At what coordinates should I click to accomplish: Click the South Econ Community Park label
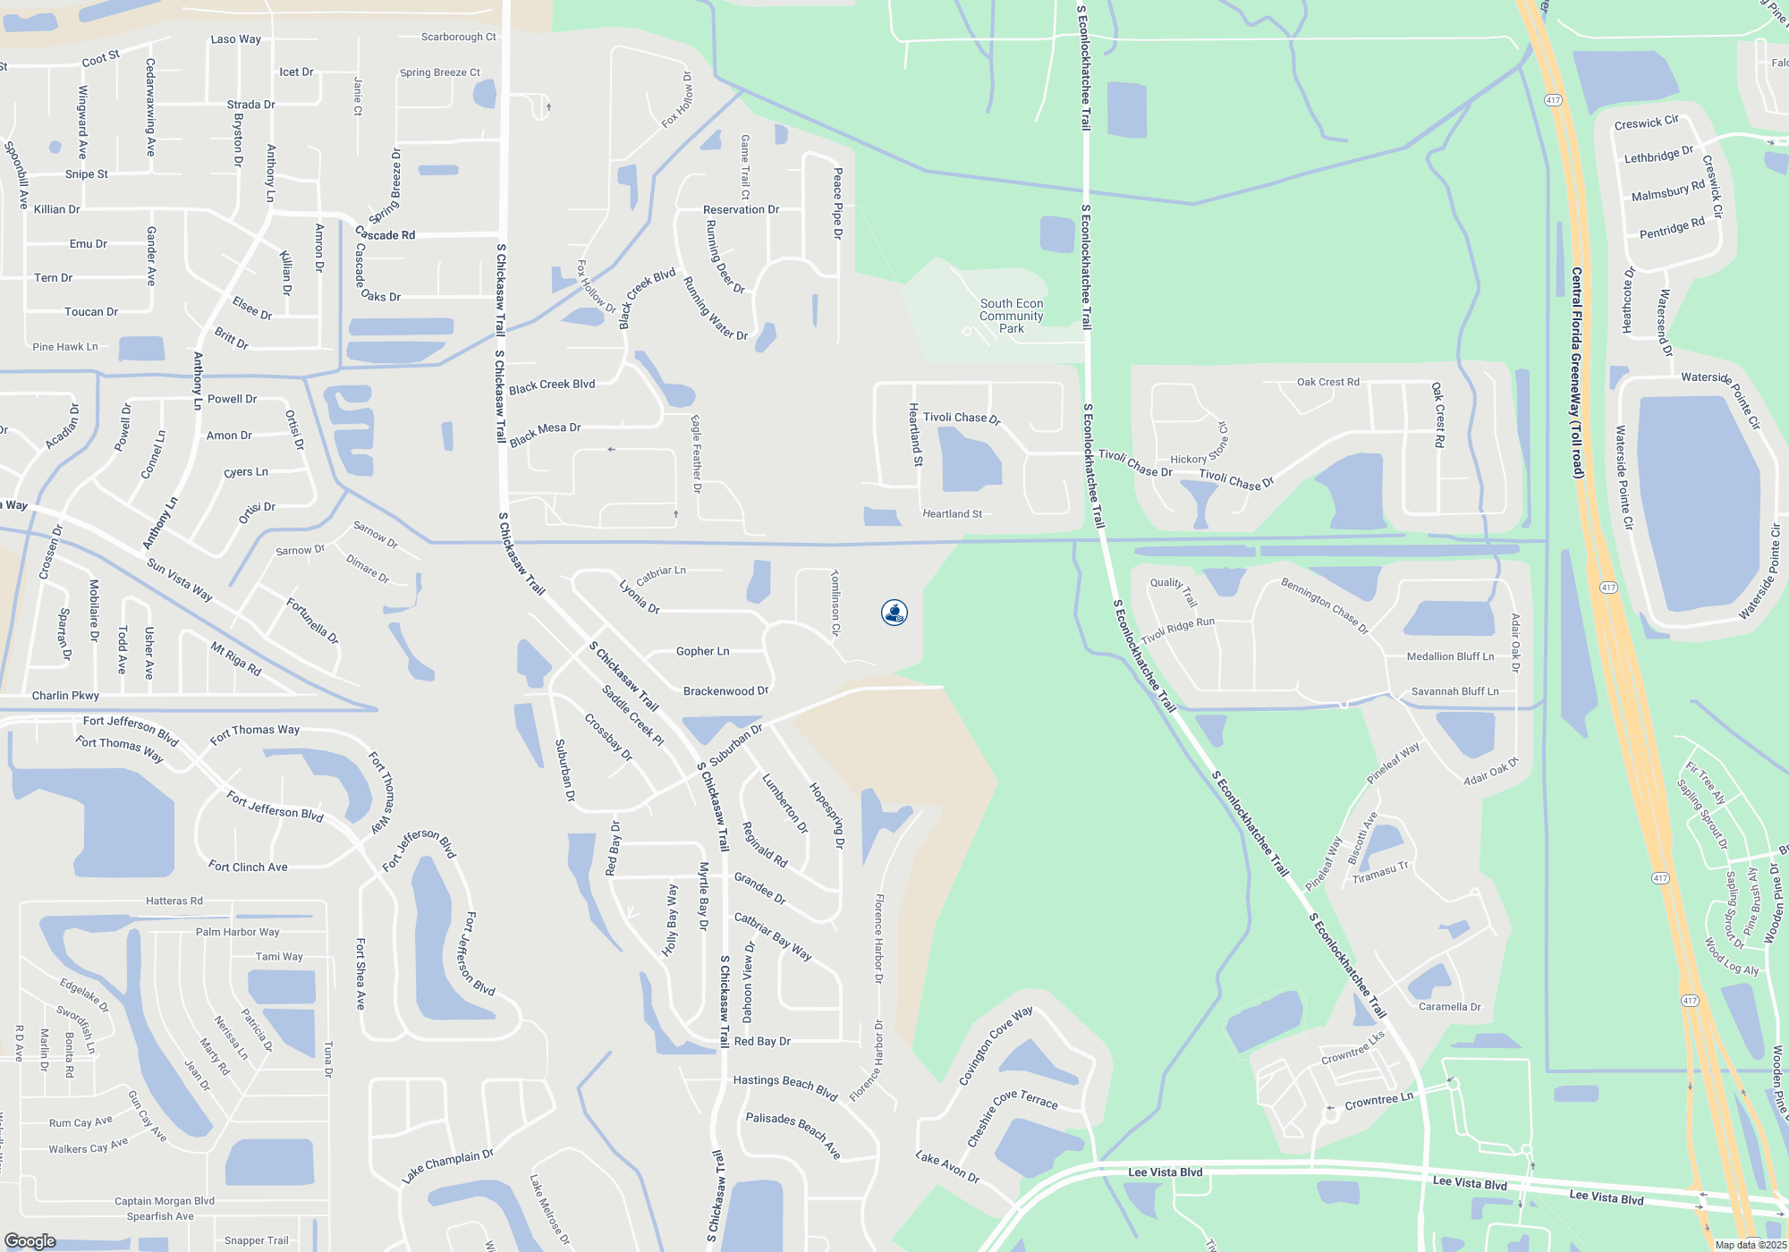tap(1012, 317)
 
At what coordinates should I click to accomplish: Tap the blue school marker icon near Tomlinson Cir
tap(894, 613)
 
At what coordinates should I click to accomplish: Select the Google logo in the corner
tap(30, 1241)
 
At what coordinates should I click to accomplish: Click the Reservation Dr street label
tap(741, 210)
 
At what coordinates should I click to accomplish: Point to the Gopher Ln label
tap(702, 652)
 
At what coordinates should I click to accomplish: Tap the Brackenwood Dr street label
tap(725, 691)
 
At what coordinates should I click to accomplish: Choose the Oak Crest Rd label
tap(1327, 383)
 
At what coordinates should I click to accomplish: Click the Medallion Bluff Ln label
tap(1450, 657)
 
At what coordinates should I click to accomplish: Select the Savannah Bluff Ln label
tap(1454, 691)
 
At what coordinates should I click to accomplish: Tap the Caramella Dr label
tap(1449, 1007)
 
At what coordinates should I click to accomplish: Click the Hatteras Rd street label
tap(174, 901)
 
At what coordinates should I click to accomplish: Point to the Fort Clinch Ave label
tap(248, 867)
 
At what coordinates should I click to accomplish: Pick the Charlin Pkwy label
tap(65, 696)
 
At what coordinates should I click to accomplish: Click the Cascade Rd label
tap(386, 235)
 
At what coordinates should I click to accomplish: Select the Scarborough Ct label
tap(458, 38)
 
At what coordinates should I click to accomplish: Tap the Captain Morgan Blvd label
tap(165, 1201)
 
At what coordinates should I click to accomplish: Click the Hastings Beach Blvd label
tap(785, 1086)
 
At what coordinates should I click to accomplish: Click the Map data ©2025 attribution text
tap(1751, 1245)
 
